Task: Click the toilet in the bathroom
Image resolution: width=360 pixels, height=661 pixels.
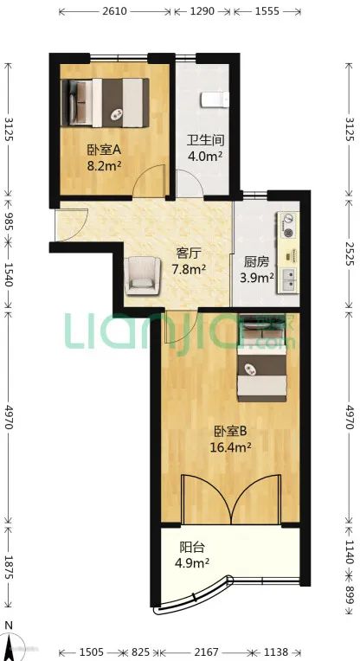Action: (x=215, y=99)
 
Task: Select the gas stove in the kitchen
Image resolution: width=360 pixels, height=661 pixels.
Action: (x=288, y=226)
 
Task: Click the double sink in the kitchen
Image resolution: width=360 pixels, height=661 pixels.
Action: (x=289, y=280)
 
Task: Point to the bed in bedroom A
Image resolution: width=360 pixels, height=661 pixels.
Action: (x=105, y=102)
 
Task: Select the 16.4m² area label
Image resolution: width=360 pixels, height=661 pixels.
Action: (x=231, y=446)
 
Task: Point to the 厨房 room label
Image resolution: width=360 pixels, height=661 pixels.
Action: (x=256, y=262)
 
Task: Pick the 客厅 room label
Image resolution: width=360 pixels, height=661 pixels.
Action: (x=188, y=253)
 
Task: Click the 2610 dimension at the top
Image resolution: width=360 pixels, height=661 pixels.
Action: (x=114, y=11)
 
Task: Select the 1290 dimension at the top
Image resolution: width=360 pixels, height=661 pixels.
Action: (x=202, y=11)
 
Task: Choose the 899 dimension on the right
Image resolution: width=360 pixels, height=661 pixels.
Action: (x=349, y=595)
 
